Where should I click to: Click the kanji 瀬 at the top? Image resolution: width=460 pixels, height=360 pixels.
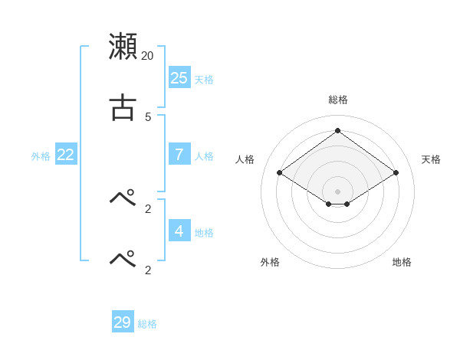click(123, 46)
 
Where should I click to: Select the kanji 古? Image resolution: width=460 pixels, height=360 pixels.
click(123, 108)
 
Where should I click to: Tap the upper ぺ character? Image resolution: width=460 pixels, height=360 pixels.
click(123, 198)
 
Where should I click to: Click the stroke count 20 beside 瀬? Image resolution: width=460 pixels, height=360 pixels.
click(147, 56)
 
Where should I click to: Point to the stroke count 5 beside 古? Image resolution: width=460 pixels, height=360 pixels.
click(148, 117)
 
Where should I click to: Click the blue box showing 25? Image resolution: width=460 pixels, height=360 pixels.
click(179, 77)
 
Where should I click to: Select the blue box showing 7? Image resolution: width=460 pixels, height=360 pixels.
click(179, 154)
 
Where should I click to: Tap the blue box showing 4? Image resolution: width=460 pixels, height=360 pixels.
click(179, 231)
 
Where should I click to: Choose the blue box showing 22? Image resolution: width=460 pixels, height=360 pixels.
click(66, 154)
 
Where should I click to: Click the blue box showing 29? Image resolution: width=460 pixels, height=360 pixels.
click(123, 322)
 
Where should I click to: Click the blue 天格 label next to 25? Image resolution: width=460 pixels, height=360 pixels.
click(204, 80)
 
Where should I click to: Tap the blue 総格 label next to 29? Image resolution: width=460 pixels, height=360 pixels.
click(147, 325)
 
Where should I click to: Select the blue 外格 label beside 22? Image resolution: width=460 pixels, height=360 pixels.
click(41, 156)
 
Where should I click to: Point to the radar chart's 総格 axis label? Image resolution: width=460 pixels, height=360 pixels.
click(337, 100)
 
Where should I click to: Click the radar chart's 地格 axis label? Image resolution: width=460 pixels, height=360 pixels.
click(402, 262)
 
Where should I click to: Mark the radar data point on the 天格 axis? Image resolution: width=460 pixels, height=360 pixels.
click(396, 173)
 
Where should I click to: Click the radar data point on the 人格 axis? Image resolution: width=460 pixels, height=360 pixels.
click(279, 173)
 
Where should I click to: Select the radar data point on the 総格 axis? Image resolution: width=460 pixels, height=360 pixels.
click(337, 130)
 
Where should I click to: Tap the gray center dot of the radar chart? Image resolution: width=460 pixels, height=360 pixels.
click(337, 191)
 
